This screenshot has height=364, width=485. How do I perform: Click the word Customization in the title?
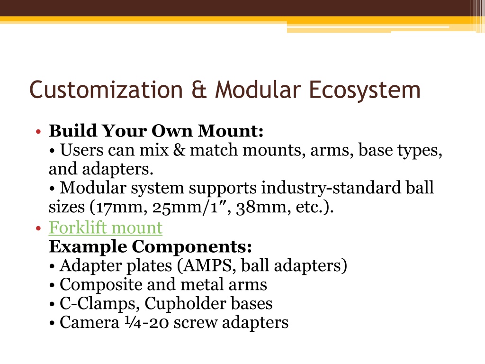click(106, 90)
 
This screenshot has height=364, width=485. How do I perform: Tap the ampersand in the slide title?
click(199, 90)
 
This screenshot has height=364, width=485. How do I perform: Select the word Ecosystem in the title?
click(364, 91)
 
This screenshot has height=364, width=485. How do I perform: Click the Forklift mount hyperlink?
click(106, 228)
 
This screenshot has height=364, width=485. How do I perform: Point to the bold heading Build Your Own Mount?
click(156, 131)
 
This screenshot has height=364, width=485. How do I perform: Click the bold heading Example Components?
click(150, 247)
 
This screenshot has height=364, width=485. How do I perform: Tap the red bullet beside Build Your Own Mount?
click(38, 132)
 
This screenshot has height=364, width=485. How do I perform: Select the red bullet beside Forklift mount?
click(38, 228)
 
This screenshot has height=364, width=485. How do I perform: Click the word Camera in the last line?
click(90, 322)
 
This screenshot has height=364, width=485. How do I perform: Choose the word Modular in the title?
click(258, 90)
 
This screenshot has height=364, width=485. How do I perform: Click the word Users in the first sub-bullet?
click(81, 150)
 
